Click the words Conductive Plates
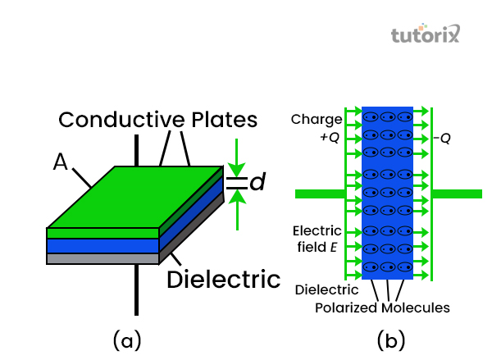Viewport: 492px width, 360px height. (157, 120)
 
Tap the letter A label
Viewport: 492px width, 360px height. (60, 162)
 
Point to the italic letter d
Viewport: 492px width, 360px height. (257, 183)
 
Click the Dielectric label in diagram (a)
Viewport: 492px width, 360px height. (223, 279)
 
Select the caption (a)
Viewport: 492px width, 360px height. (127, 337)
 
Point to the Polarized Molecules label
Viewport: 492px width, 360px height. (382, 308)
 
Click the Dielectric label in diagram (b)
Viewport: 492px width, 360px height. (326, 289)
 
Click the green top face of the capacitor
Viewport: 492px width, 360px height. (135, 197)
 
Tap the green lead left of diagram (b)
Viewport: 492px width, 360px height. (320, 194)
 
